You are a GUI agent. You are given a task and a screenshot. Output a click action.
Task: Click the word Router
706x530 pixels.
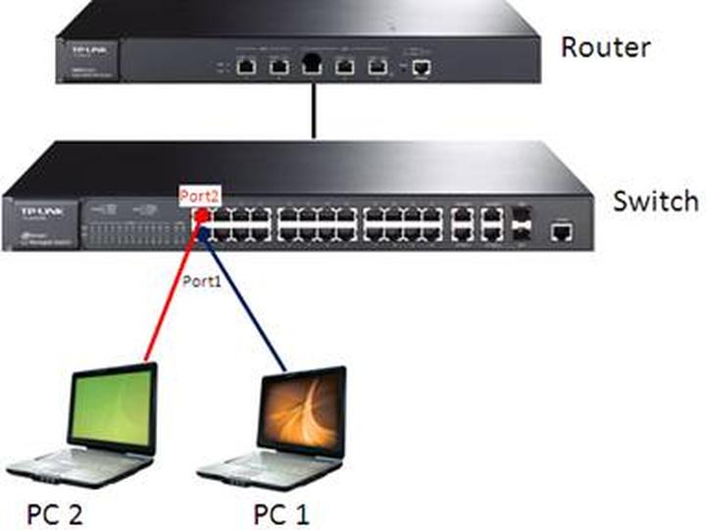pyautogui.click(x=605, y=46)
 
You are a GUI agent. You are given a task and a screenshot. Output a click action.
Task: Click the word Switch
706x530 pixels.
pyautogui.click(x=655, y=201)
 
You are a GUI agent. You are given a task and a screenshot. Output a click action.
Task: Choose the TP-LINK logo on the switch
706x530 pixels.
pyautogui.click(x=32, y=210)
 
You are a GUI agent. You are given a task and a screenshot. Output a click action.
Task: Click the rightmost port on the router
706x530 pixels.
pyautogui.click(x=422, y=67)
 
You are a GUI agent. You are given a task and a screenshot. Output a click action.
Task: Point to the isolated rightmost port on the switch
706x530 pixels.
pyautogui.click(x=562, y=231)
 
